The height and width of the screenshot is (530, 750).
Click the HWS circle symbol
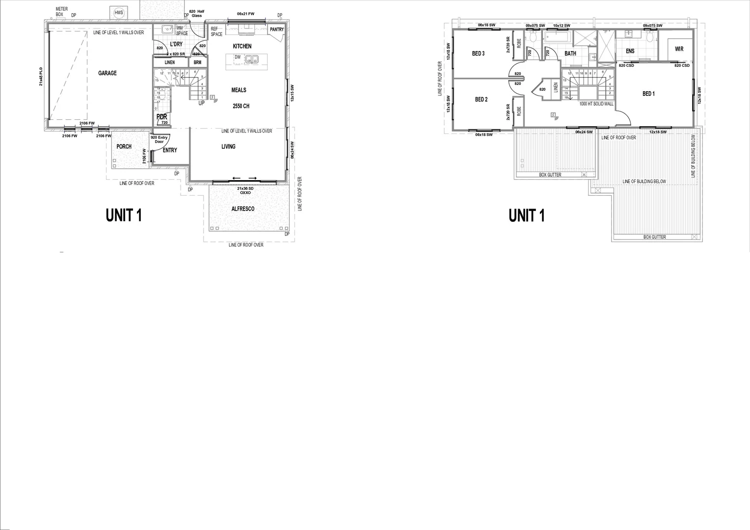[118, 13]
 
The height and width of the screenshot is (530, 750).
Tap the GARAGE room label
[107, 73]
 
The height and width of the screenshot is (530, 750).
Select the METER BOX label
[61, 12]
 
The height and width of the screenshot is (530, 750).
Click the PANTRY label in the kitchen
[277, 29]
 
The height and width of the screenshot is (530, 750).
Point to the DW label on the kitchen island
[238, 57]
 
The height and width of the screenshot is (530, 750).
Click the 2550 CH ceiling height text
[241, 106]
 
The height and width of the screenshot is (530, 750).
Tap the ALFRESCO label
[243, 209]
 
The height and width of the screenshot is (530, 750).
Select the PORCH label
[124, 147]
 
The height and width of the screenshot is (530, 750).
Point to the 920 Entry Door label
[160, 139]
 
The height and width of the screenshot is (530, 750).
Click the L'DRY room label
[176, 44]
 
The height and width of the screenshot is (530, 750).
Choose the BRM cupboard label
[197, 62]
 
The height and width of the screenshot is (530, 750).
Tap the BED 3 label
[478, 53]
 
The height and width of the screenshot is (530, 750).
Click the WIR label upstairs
[679, 49]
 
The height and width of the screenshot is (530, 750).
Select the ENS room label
[630, 51]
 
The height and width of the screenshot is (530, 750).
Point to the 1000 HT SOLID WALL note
[596, 104]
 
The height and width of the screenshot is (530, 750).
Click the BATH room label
[570, 53]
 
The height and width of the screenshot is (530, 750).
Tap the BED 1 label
[648, 94]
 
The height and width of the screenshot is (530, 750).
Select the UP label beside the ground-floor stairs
[201, 103]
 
